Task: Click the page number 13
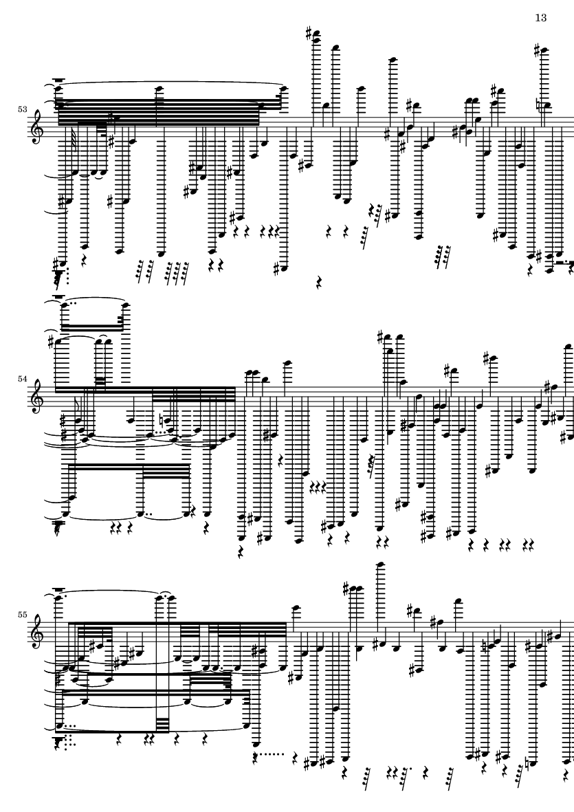point(540,18)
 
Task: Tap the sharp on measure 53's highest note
point(309,32)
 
